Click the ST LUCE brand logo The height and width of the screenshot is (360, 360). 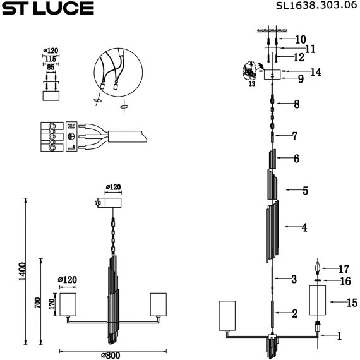[47, 8]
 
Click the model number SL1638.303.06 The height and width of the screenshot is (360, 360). [311, 8]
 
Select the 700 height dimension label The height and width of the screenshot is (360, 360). [37, 304]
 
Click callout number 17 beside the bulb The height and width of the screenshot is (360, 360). [344, 268]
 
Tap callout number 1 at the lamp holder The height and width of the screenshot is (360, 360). [339, 337]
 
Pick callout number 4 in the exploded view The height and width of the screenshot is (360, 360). [304, 227]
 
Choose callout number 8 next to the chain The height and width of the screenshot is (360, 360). [296, 104]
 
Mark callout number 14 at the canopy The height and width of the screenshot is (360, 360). [315, 72]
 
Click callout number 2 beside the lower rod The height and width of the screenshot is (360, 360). [294, 313]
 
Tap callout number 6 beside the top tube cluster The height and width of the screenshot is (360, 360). [296, 159]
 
